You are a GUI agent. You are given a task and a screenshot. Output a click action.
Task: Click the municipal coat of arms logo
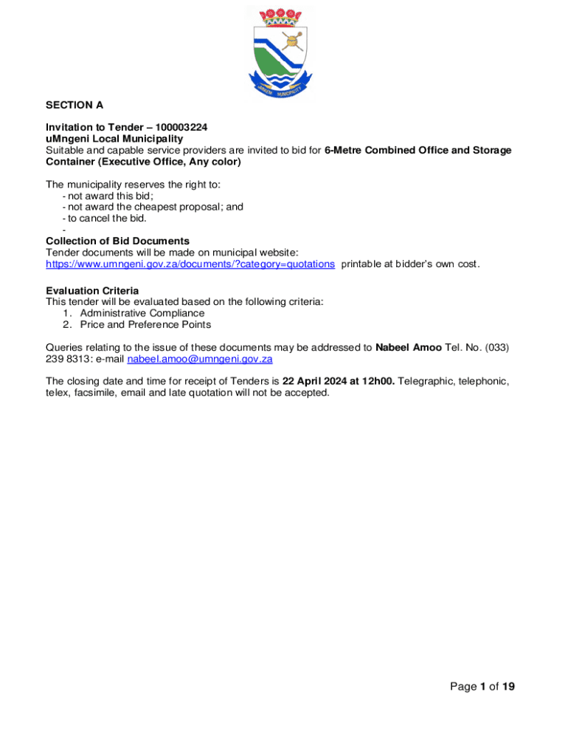pos(283,52)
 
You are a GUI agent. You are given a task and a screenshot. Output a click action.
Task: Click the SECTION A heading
pos(75,106)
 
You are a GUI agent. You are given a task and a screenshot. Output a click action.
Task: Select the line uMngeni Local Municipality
pos(114,139)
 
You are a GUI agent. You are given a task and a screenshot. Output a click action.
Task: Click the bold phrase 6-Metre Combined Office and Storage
pos(418,150)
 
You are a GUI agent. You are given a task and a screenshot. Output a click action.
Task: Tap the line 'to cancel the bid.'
pos(108,218)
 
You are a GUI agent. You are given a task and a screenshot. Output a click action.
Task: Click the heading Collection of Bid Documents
pos(117,241)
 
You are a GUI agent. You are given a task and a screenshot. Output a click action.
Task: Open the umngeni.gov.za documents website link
pos(190,264)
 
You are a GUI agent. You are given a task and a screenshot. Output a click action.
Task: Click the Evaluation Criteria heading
pos(92,290)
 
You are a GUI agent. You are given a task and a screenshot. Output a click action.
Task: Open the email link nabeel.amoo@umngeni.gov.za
pos(201,360)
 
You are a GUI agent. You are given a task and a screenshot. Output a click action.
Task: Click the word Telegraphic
pos(426,381)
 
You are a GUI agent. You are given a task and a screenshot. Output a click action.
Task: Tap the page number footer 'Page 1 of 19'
pos(482,687)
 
